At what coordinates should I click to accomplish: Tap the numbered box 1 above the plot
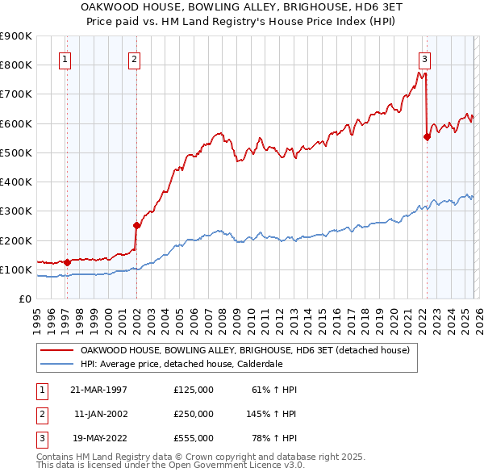(64, 58)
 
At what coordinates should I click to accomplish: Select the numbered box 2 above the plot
(134, 58)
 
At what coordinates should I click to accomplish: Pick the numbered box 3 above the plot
(424, 58)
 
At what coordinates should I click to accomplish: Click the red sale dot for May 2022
(427, 137)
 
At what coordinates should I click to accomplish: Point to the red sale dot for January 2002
(136, 226)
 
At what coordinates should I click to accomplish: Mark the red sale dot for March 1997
(68, 262)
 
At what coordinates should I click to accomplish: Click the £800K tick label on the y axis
(16, 65)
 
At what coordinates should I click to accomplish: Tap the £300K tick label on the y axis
(16, 211)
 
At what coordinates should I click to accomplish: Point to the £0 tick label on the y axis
(24, 299)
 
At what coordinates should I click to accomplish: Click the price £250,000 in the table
(193, 414)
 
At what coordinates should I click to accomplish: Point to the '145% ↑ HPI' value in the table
(272, 414)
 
